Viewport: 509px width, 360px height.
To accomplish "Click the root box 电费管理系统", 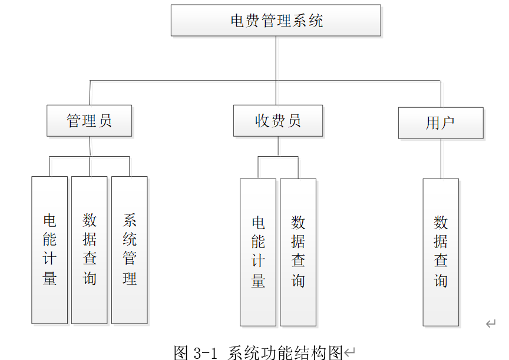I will pos(276,21).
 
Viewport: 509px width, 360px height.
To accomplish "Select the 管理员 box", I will pos(89,121).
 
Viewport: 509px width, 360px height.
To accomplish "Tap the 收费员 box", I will pos(277,121).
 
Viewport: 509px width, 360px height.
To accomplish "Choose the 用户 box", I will pos(440,123).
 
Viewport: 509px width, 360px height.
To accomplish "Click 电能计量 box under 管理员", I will pos(49,250).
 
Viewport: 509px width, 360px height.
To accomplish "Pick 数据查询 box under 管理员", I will pos(90,250).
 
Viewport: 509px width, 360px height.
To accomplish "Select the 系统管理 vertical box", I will pos(130,250).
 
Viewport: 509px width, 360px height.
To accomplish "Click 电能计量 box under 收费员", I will pos(258,252).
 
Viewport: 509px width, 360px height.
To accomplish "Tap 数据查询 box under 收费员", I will pos(298,252).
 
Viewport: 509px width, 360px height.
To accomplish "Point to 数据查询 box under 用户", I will pos(441,252).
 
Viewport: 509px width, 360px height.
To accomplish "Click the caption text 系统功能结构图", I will pos(285,352).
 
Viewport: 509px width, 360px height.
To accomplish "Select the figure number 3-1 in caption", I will pos(206,352).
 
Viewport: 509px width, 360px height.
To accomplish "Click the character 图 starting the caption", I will pos(181,352).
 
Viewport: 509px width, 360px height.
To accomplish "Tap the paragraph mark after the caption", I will pos(350,352).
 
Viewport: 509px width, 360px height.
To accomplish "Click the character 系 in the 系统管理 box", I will pos(130,221).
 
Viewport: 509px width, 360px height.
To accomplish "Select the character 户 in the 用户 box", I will pos(448,123).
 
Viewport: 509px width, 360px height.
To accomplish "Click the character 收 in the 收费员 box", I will pos(262,121).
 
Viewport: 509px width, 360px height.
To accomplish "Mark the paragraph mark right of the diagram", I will pos(490,323).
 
